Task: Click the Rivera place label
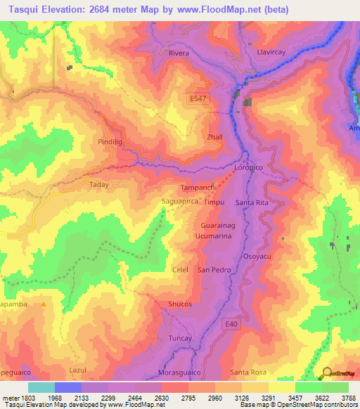[180, 53]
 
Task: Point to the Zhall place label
[214, 137]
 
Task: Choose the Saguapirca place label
[179, 201]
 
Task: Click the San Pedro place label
[213, 270]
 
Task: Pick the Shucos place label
[180, 304]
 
